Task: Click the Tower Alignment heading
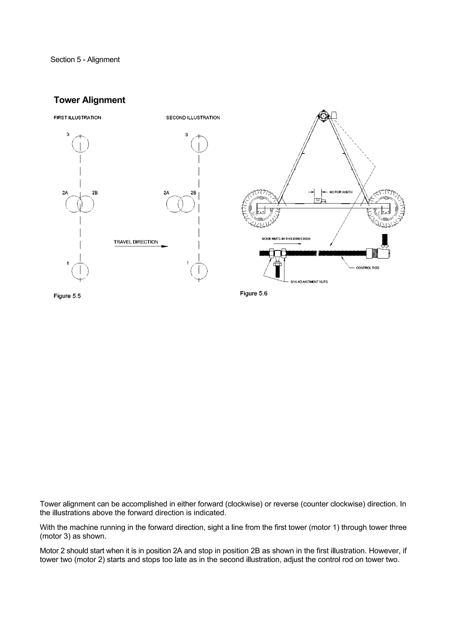pos(89,100)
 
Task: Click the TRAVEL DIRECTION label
pos(136,242)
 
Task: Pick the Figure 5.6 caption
pos(253,293)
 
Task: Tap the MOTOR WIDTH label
pos(341,192)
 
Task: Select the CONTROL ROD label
pos(367,268)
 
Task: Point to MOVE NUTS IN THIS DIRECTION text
pos(286,239)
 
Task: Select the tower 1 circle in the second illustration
pos(199,271)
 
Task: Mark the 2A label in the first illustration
pos(65,193)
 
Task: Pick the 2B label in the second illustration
pos(193,193)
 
